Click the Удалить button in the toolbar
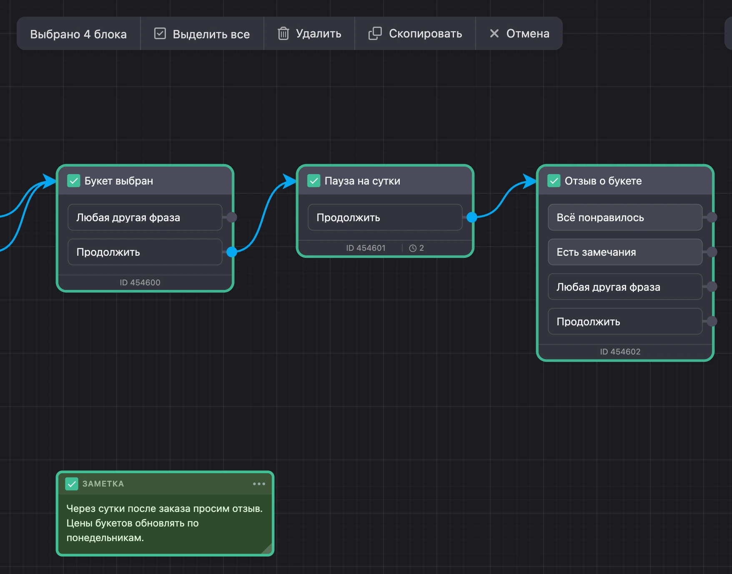[x=309, y=33]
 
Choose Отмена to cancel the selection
[x=519, y=33]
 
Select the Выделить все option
[x=202, y=33]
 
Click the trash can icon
[x=283, y=33]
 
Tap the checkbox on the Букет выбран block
[x=74, y=181]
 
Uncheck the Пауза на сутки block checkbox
[x=314, y=181]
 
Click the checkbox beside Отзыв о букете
[x=554, y=181]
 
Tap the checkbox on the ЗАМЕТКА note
[x=72, y=484]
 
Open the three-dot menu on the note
[x=259, y=484]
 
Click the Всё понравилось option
[x=625, y=217]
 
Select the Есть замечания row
[x=625, y=252]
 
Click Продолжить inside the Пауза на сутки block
[x=385, y=217]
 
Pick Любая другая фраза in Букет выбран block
[x=145, y=217]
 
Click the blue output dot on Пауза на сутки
[x=472, y=217]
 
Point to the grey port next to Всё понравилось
[x=712, y=217]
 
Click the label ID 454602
[x=620, y=352]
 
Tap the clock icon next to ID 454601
[x=413, y=248]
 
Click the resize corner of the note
[x=267, y=549]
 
